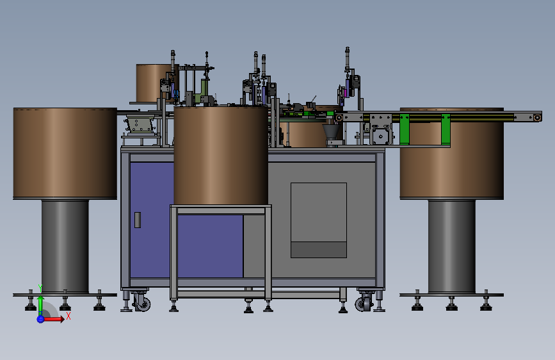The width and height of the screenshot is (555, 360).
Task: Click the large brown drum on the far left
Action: pos(65,153)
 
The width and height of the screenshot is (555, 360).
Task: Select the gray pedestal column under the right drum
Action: pos(452,247)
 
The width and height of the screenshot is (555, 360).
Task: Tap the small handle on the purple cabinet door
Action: pos(138,220)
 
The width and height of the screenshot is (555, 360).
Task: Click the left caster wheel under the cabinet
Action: pos(142,303)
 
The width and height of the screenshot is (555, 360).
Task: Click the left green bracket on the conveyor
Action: pos(404,129)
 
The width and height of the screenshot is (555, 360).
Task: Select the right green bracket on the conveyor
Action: pos(446,129)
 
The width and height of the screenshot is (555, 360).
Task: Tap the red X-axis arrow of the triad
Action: pos(54,319)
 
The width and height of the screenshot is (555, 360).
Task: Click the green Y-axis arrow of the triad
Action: pos(41,305)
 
